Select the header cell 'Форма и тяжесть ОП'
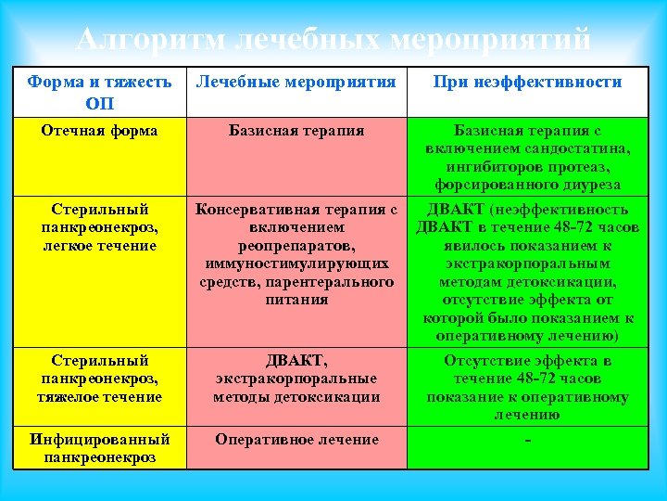coord(99,92)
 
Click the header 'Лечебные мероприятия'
coord(296,82)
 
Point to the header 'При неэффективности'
coord(527,82)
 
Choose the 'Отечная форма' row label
coord(99,130)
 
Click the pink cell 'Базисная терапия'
coord(296,130)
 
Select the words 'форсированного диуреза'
coord(527,184)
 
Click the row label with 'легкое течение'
coord(99,245)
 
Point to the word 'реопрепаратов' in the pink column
coord(296,245)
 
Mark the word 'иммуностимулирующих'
coord(296,263)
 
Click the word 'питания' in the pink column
coord(296,300)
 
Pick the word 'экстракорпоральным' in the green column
coord(527,263)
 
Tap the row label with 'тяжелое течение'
coord(99,396)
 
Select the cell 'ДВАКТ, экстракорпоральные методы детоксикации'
coord(296,379)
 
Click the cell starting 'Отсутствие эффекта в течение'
coord(527,388)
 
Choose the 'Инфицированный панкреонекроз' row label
coord(99,448)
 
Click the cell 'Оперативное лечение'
coord(296,440)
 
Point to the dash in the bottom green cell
coord(527,440)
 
